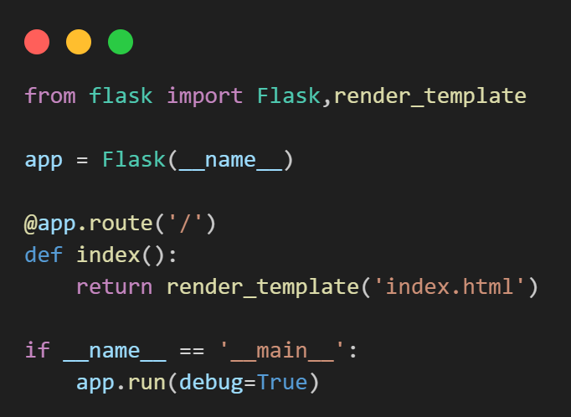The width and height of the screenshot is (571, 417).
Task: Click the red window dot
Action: coord(37,41)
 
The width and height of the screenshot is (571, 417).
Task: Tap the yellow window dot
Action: coord(79,41)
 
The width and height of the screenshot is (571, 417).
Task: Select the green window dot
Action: coord(121,41)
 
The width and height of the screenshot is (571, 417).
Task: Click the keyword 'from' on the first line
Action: coord(50,95)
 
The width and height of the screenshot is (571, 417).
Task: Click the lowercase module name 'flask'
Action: coord(121,95)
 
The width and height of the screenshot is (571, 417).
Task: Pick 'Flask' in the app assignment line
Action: coord(134,159)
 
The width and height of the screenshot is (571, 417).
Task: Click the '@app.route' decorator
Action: coord(76,224)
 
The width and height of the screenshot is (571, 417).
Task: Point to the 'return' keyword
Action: coord(115,287)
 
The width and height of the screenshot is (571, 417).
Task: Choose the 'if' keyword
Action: coord(38,350)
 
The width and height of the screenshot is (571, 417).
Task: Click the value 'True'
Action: coord(282,382)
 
